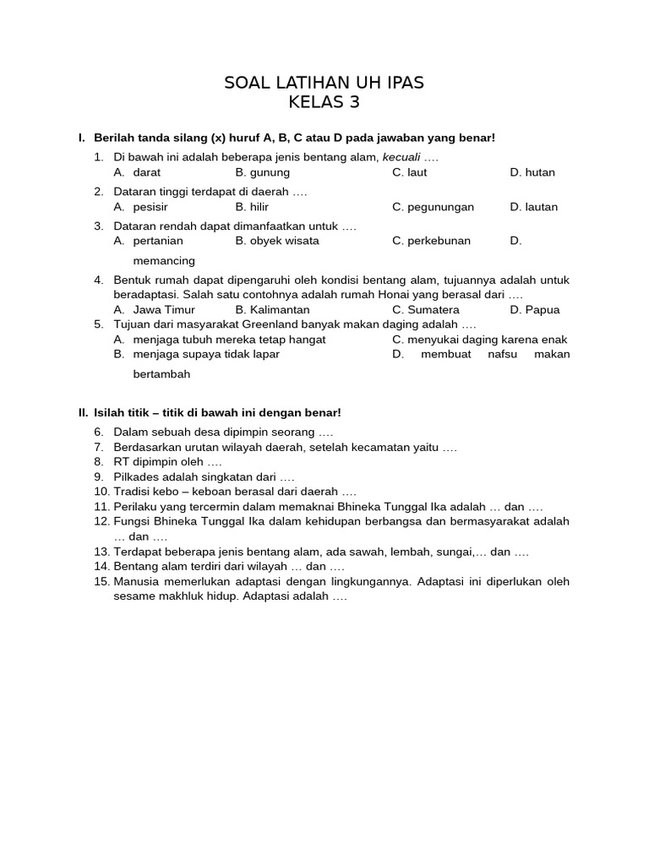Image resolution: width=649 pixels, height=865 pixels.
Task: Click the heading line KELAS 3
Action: coord(324,103)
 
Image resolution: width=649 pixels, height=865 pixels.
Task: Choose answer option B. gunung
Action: coord(263,172)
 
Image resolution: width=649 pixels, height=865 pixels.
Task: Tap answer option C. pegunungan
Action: coord(433,207)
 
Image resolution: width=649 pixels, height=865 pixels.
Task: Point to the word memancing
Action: coord(164,260)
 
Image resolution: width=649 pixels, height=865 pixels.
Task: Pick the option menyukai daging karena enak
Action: coord(479,340)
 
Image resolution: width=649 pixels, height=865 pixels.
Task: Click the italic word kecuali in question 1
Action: coord(401,158)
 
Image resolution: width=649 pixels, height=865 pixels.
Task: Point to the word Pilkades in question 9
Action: coord(135,476)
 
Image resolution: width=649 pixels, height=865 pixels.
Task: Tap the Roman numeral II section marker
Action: coord(83,412)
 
